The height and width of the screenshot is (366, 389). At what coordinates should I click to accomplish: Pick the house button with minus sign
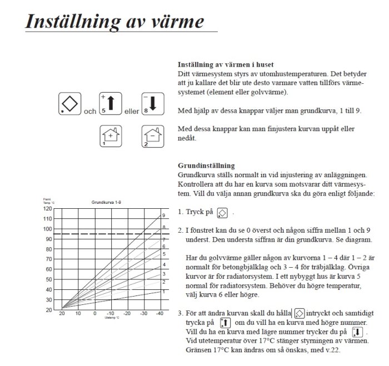151,136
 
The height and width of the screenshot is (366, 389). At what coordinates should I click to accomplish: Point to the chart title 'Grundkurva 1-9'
104,203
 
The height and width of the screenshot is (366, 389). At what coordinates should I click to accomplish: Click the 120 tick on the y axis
48,209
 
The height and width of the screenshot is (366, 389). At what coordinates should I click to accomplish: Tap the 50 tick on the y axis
49,279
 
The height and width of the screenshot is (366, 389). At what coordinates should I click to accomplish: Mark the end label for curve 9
164,215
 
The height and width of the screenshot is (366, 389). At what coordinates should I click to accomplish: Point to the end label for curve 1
164,291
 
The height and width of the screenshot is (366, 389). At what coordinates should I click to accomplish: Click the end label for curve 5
164,253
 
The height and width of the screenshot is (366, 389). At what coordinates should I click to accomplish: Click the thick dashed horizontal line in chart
111,234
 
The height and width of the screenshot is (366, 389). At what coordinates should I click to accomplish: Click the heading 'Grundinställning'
206,166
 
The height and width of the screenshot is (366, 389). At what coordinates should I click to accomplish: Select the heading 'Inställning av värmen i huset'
226,64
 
